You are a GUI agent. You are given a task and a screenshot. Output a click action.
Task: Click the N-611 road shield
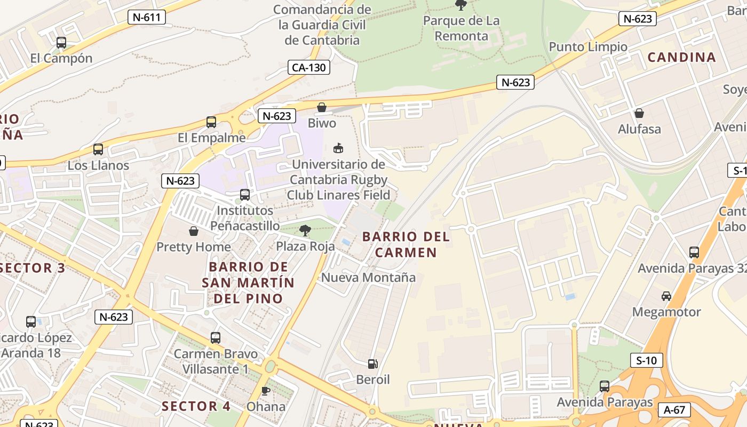(x=147, y=17)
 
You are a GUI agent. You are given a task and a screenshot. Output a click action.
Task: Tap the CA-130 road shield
(x=309, y=67)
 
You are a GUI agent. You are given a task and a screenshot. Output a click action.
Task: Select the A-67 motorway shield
(x=674, y=410)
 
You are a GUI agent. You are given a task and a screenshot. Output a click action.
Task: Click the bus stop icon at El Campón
(x=61, y=42)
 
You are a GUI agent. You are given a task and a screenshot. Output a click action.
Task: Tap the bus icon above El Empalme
(x=211, y=122)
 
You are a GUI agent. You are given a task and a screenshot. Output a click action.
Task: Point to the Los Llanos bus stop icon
(x=98, y=149)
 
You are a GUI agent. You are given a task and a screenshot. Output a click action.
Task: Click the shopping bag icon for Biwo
(x=322, y=108)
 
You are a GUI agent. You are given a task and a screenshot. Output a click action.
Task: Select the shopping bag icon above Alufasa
(x=639, y=113)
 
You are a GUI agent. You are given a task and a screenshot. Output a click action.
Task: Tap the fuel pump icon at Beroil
(x=373, y=364)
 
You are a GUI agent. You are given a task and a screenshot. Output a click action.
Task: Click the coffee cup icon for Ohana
(x=265, y=391)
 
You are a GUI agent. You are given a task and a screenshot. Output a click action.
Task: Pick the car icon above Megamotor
(x=666, y=296)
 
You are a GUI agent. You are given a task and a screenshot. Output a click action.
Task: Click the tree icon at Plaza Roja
(x=305, y=231)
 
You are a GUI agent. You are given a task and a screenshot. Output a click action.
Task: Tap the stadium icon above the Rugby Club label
(x=338, y=148)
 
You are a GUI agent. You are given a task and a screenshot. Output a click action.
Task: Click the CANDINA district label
(x=681, y=58)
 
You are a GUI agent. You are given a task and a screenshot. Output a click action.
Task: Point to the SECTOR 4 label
(x=196, y=406)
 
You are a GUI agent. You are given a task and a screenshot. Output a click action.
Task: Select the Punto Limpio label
(x=588, y=47)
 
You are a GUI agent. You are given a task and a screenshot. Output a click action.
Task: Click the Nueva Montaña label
(x=368, y=278)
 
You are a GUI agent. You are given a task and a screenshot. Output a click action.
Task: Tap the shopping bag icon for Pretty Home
(x=194, y=231)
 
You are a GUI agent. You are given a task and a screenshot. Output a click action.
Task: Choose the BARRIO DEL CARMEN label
(x=406, y=244)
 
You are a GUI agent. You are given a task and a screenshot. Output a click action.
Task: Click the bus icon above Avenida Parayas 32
(x=694, y=252)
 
